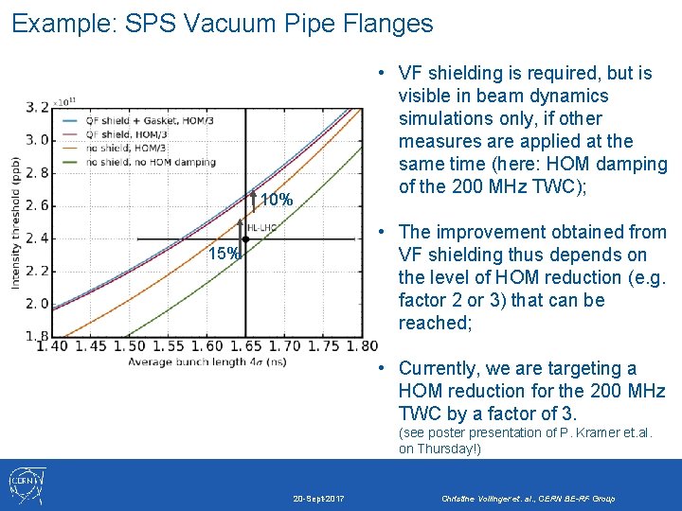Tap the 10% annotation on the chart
[x=276, y=200]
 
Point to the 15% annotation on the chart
[x=224, y=254]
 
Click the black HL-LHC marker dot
[x=245, y=239]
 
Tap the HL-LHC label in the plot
[x=262, y=228]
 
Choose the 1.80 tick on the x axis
[x=363, y=347]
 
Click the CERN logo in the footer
[x=27, y=485]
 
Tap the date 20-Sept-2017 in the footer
[x=318, y=498]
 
